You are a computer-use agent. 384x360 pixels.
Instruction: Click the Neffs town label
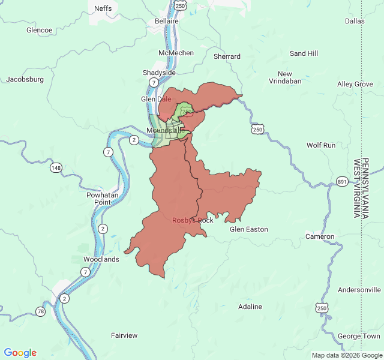(x=103, y=8)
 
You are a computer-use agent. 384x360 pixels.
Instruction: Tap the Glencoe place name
(x=40, y=30)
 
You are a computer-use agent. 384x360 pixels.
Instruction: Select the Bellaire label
(x=167, y=21)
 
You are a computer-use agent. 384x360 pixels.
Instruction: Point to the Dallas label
(x=355, y=21)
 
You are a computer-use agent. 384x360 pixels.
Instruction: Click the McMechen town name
(x=176, y=53)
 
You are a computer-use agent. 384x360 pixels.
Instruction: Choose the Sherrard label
(x=227, y=57)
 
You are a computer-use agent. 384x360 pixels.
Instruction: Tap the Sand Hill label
(x=304, y=53)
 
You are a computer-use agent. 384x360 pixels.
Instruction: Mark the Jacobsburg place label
(x=25, y=79)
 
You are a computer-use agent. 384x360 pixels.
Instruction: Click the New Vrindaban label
(x=285, y=77)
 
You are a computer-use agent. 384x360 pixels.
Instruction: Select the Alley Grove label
(x=355, y=85)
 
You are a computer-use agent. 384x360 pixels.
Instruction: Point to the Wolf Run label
(x=321, y=145)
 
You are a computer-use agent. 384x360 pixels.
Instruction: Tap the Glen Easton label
(x=249, y=229)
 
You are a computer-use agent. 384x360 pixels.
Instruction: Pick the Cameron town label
(x=320, y=236)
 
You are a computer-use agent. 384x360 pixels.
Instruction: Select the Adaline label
(x=250, y=307)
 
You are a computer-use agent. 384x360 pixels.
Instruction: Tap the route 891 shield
(x=342, y=181)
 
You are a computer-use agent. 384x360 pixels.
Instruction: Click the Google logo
(x=20, y=353)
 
